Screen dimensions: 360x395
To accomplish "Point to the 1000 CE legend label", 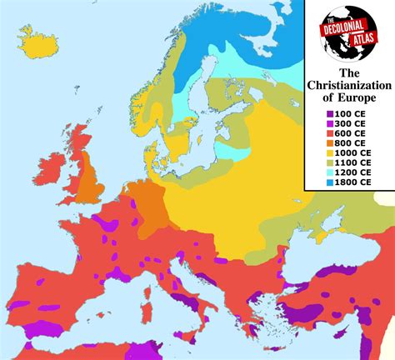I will click(x=354, y=152).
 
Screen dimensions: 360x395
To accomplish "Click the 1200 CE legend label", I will click(x=354, y=172).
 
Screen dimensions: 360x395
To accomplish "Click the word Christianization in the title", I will click(x=349, y=86).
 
